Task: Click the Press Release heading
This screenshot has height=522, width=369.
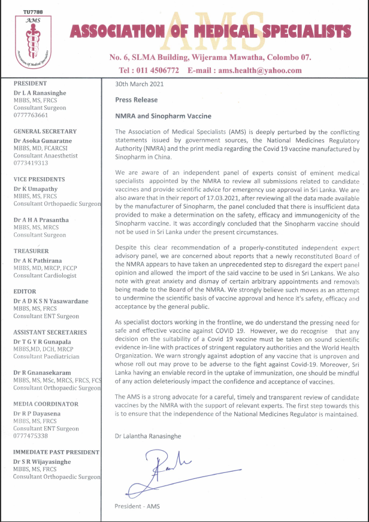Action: tap(136, 100)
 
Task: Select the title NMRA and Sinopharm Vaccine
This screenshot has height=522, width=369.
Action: tap(163, 116)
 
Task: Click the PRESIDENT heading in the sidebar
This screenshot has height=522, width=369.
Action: tap(30, 84)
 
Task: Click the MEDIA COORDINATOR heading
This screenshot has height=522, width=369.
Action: tap(46, 404)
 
